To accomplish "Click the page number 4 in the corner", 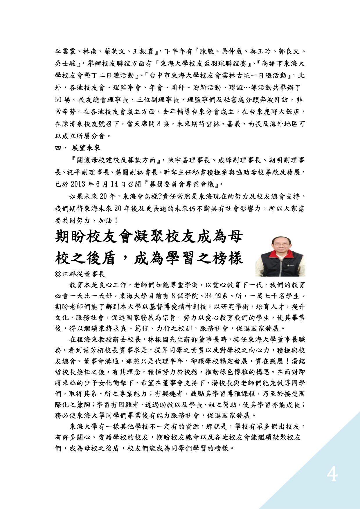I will (x=332, y=475).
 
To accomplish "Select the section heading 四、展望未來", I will (x=78, y=148).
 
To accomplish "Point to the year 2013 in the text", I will (x=78, y=184).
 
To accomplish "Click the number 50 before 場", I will (x=58, y=100).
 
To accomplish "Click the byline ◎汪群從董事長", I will (x=80, y=274).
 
